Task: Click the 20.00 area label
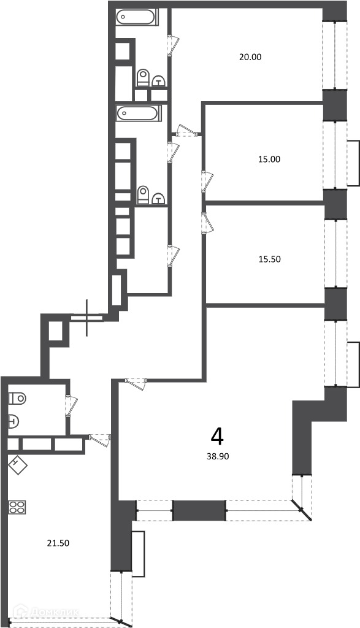(250, 57)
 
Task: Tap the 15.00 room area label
(269, 159)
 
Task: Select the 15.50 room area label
(269, 259)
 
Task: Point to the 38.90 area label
(218, 456)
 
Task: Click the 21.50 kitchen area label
(58, 543)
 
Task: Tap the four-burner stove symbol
(17, 507)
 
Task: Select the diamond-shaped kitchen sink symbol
(18, 466)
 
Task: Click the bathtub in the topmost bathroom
(137, 17)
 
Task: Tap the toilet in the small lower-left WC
(17, 399)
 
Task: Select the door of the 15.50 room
(207, 223)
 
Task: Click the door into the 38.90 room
(136, 383)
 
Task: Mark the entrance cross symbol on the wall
(87, 318)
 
